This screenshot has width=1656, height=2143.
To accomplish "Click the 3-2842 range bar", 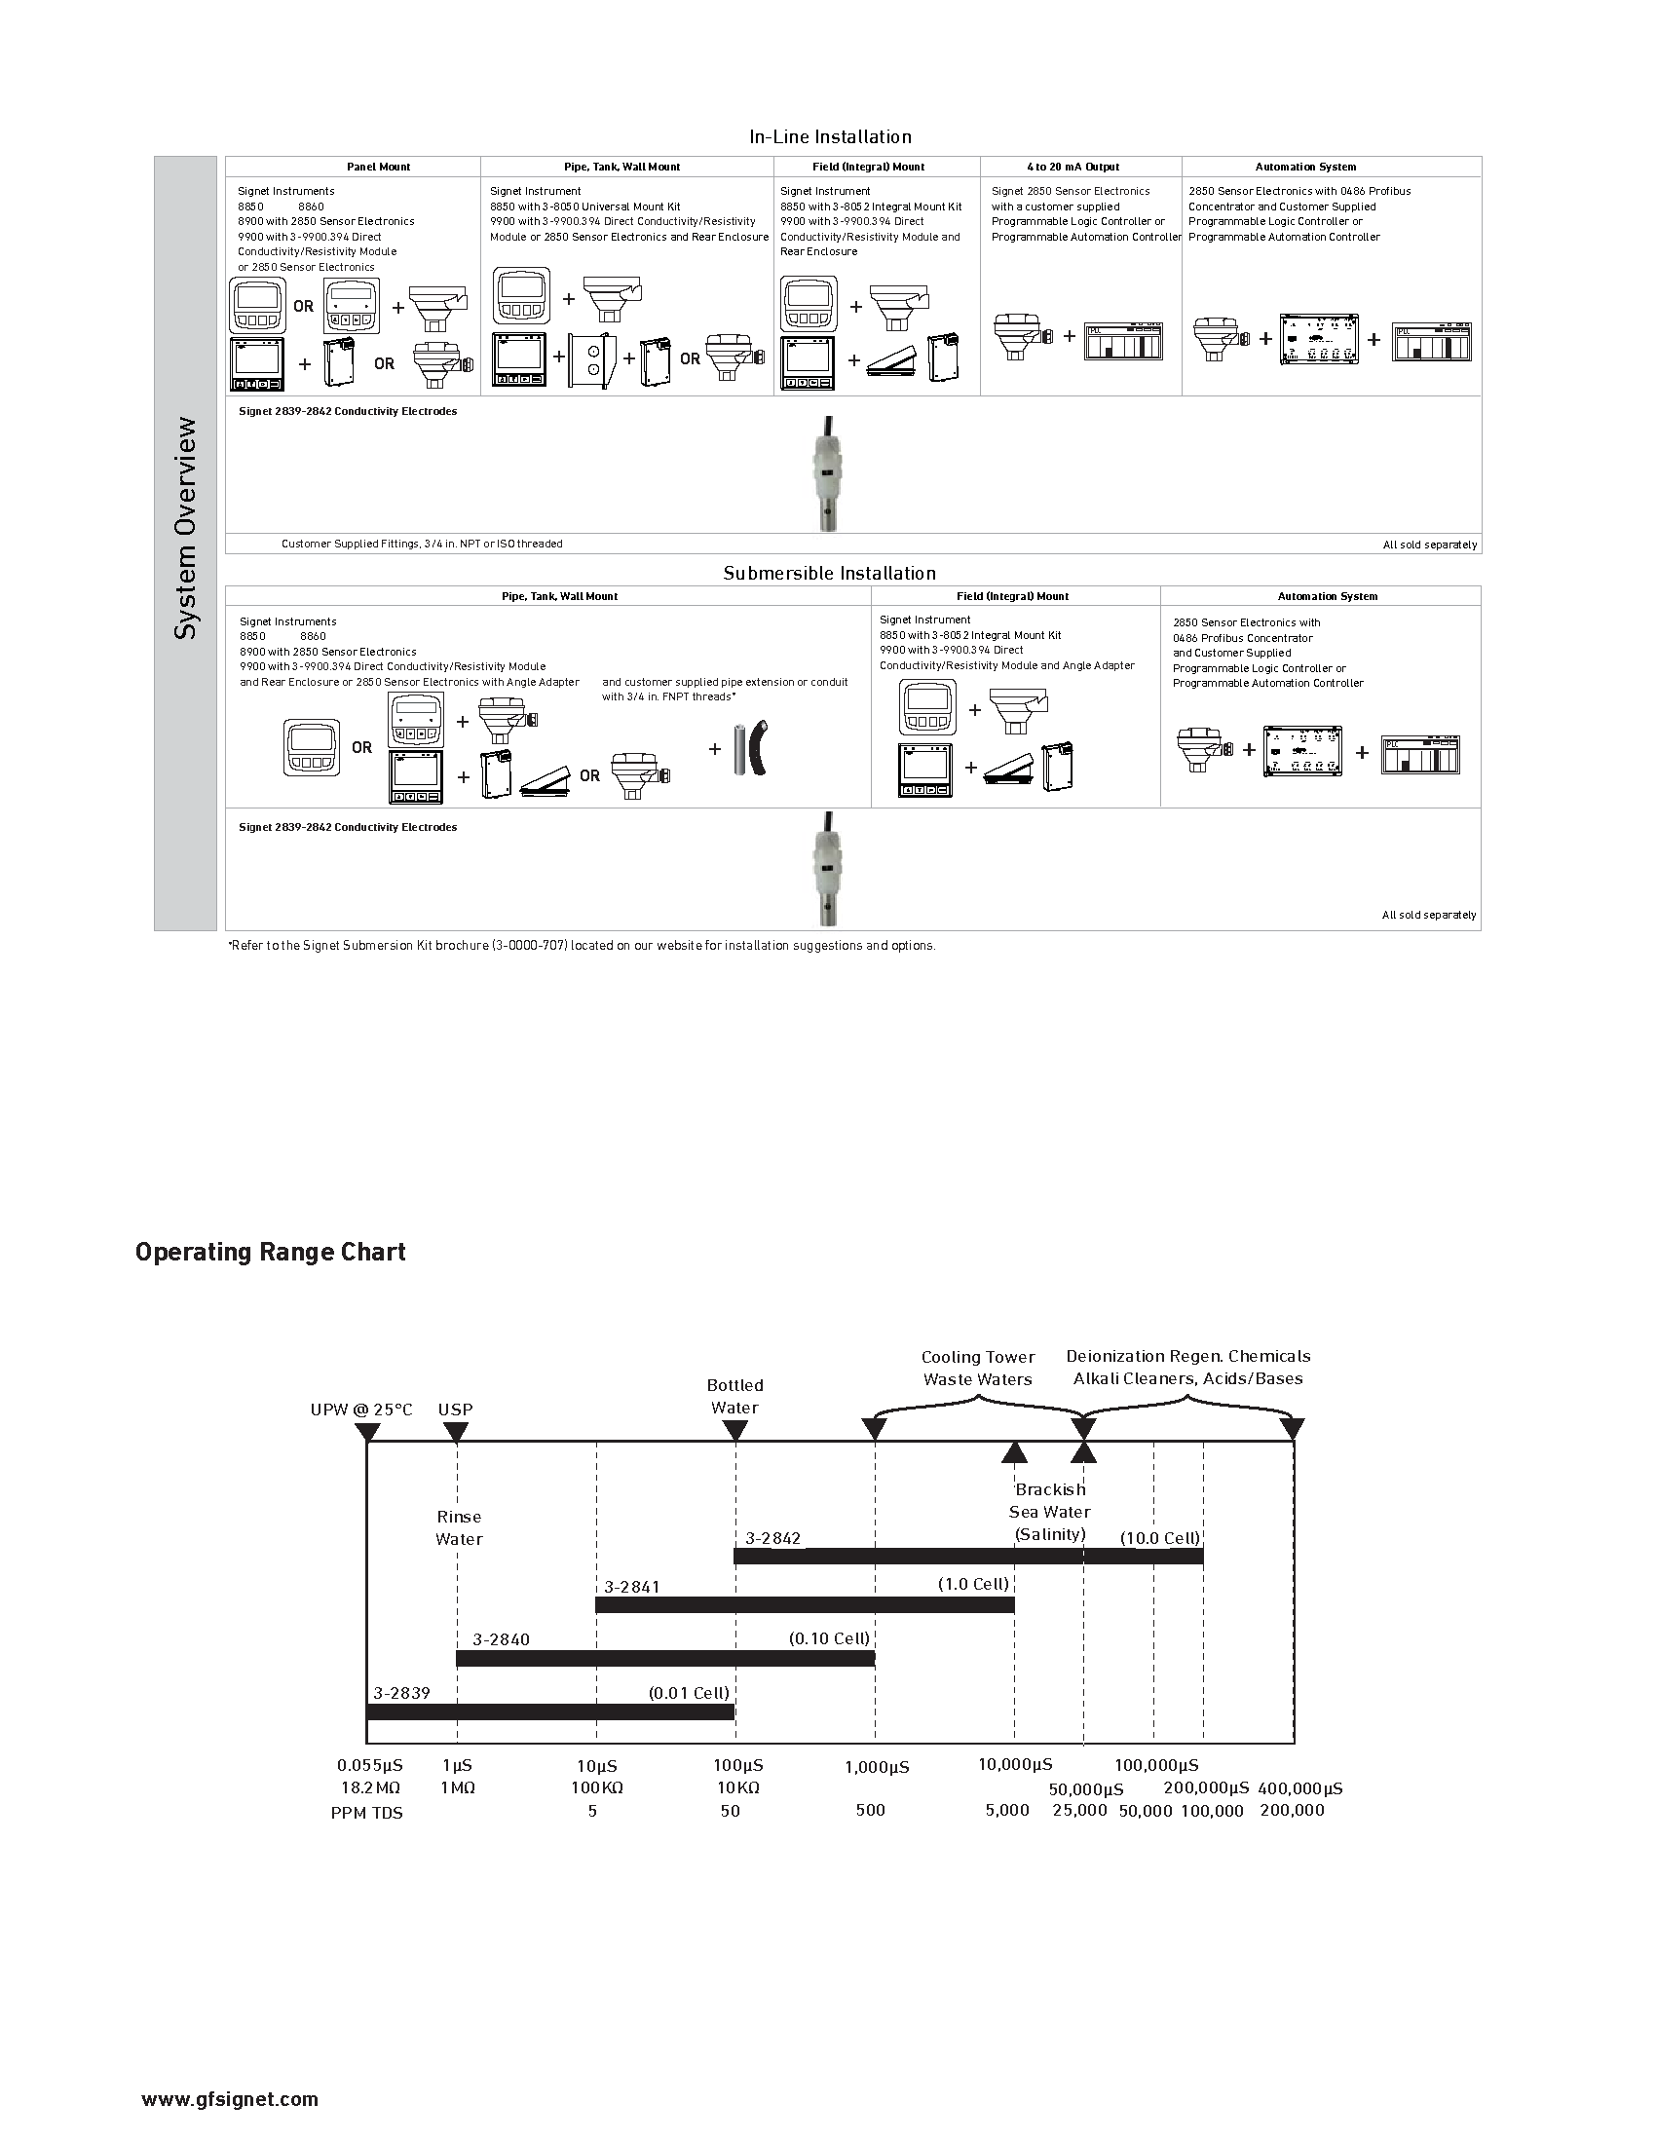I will pos(967,1557).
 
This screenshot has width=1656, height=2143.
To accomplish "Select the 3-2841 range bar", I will pos(805,1605).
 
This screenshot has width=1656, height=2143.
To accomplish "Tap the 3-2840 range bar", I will pos(665,1658).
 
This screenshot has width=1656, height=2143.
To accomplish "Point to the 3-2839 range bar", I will pos(549,1711).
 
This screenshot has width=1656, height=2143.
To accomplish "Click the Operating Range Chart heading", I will pos(271,1252).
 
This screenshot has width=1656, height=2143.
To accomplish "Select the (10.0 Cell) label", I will pos(1159,1537).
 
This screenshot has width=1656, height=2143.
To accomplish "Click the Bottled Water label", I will pos(734,1396).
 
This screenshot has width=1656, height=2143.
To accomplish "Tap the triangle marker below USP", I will pos(456,1432).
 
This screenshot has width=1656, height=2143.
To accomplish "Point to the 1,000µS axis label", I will pos(876,1767).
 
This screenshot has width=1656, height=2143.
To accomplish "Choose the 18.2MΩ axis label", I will pos(370,1787).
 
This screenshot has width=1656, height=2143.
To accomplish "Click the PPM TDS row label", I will pos(366,1813).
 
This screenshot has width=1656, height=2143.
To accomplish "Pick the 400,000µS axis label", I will pos(1298,1787).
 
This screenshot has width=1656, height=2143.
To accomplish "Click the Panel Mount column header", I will pos(379,167).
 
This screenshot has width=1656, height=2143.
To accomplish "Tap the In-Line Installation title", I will pos(830,137).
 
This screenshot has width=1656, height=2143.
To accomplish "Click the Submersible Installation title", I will pos(829,573).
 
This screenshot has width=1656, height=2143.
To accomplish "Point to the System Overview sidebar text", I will pos(185,528).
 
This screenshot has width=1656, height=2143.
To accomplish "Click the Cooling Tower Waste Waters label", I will pos(977,1368).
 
